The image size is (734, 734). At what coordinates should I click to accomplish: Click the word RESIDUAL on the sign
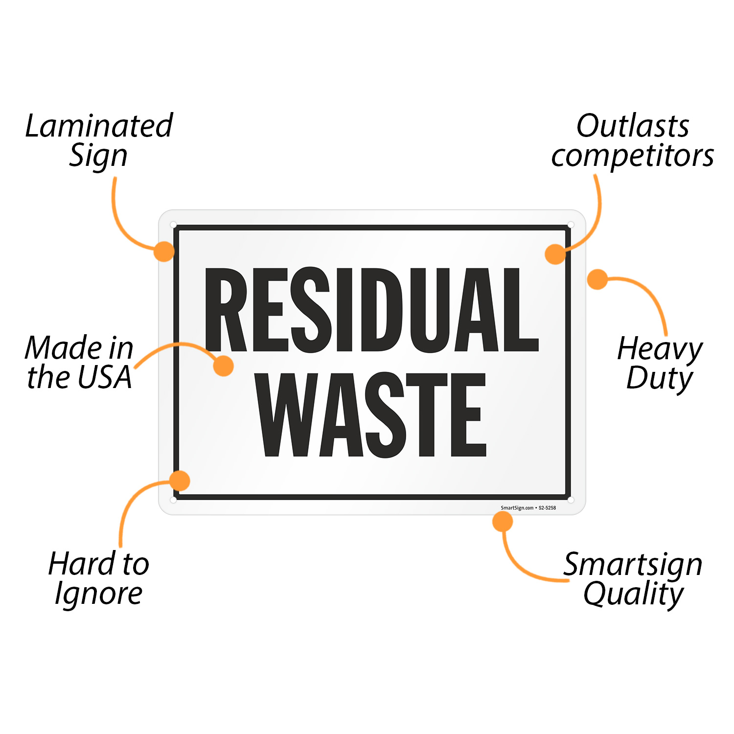click(372, 310)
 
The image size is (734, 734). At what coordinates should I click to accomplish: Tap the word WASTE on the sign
click(372, 414)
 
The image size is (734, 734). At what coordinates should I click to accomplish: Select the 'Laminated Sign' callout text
click(99, 140)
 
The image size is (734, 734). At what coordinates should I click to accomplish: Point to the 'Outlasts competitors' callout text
click(632, 140)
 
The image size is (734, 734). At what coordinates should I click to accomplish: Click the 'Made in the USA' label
click(79, 362)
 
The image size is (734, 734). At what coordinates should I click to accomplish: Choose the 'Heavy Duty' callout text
click(660, 363)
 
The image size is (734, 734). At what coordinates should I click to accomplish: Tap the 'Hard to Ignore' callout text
click(98, 578)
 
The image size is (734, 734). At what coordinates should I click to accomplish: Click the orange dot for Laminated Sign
click(164, 251)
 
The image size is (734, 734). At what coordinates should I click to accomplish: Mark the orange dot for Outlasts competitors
click(555, 254)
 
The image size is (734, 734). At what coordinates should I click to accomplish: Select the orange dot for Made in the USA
click(224, 366)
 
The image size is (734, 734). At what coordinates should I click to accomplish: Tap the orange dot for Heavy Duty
click(597, 279)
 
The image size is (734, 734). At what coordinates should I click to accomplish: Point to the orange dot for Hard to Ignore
click(180, 481)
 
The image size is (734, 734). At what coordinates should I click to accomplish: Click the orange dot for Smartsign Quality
click(503, 522)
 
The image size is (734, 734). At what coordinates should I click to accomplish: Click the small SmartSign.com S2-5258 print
click(528, 508)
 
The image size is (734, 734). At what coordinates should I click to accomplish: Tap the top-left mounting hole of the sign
click(173, 225)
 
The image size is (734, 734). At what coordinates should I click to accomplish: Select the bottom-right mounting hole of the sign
click(571, 500)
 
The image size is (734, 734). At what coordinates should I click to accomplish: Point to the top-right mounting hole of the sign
click(571, 225)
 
